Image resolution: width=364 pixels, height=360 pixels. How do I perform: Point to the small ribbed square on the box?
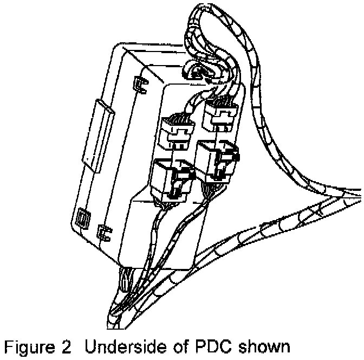[83, 218]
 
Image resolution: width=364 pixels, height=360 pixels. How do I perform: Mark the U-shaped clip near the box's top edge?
[139, 83]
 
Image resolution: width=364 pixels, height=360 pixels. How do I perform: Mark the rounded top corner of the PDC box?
[120, 50]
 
